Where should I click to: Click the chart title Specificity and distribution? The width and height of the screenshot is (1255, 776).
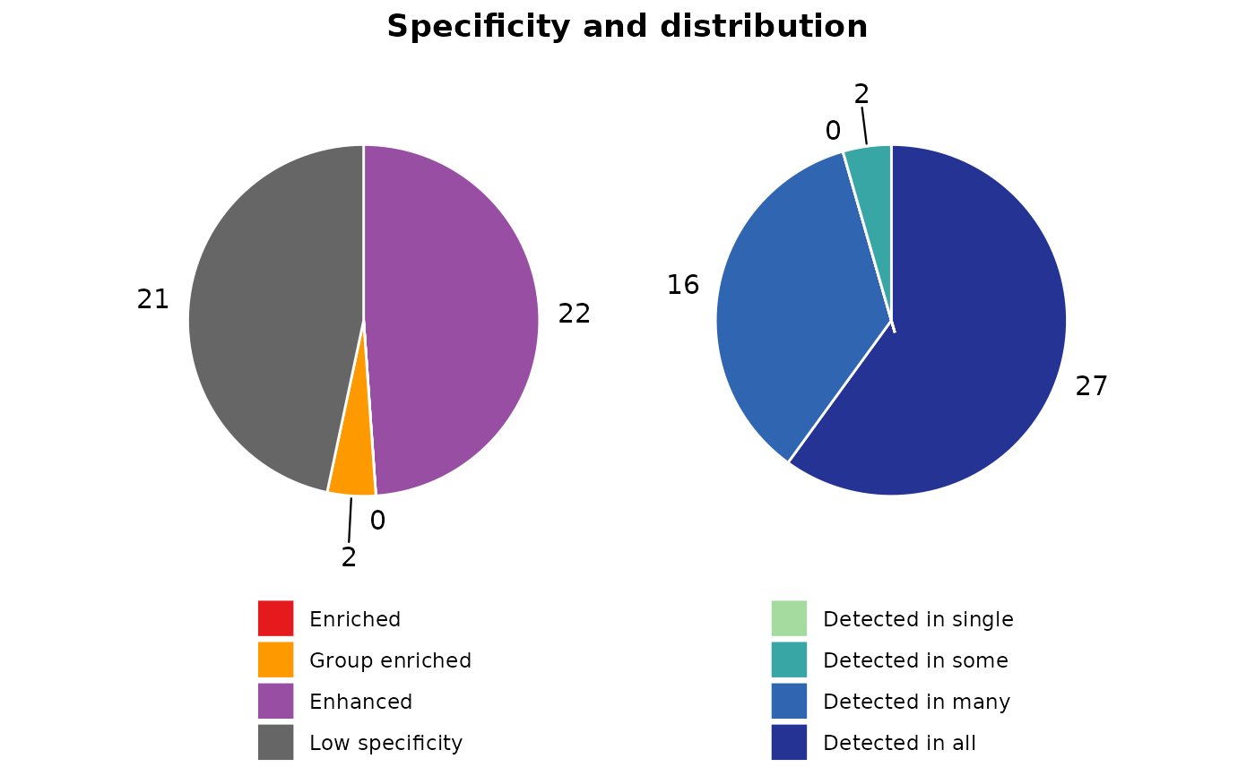(x=627, y=27)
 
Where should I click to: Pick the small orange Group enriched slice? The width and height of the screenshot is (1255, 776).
(x=352, y=470)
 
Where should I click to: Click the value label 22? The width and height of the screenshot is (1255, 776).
(x=574, y=314)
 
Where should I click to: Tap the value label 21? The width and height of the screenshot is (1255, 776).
(x=153, y=300)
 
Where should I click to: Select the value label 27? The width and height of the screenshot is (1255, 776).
(x=1091, y=387)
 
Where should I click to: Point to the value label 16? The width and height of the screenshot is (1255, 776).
(x=682, y=285)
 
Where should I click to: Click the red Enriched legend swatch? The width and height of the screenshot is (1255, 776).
(x=275, y=618)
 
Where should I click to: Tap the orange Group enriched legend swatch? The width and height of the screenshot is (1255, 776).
(x=275, y=660)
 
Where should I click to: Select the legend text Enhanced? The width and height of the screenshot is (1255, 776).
(x=360, y=702)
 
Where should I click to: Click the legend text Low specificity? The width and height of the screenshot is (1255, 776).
(x=385, y=743)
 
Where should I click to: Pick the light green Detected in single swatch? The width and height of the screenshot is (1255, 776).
(x=789, y=618)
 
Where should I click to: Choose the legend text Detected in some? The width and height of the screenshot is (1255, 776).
(x=915, y=660)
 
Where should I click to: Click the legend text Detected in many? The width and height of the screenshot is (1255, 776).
(x=916, y=702)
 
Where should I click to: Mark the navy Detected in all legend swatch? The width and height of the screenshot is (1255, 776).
(x=789, y=742)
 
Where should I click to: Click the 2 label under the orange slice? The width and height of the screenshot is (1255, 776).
(x=349, y=557)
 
